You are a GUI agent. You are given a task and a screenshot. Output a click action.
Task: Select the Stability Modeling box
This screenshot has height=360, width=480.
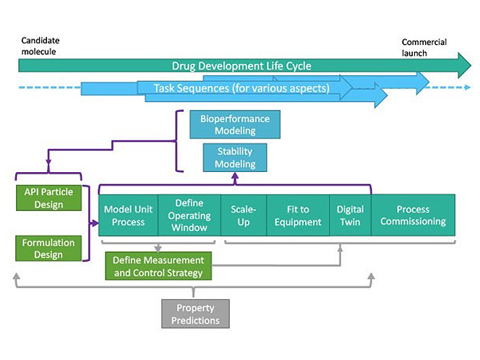[x=236, y=158]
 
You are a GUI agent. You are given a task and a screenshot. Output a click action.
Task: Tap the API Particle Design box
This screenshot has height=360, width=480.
[x=49, y=199]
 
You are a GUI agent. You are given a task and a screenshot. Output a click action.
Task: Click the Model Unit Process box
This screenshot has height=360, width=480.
[x=128, y=215]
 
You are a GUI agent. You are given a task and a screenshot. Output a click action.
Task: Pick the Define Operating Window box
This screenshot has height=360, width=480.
[x=189, y=215]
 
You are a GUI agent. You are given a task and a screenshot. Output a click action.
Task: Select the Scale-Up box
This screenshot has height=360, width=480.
[x=244, y=215]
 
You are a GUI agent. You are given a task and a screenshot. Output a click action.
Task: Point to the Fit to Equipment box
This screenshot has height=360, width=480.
[x=298, y=215]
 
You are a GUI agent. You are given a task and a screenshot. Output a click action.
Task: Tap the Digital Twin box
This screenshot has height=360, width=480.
[x=351, y=215]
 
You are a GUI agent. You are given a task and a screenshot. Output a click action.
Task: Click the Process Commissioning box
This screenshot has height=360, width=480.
[x=413, y=215]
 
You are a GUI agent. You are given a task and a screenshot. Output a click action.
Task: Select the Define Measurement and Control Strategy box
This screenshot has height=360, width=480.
[x=158, y=266]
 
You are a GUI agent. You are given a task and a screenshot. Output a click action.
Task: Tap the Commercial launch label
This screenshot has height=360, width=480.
[x=424, y=47]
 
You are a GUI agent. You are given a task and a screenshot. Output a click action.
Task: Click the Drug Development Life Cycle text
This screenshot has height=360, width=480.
[x=241, y=66]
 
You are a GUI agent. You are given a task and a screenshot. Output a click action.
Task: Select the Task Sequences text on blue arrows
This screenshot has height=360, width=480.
[x=241, y=89]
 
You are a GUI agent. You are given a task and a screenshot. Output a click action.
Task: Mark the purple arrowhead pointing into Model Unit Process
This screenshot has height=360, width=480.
[x=95, y=223]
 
